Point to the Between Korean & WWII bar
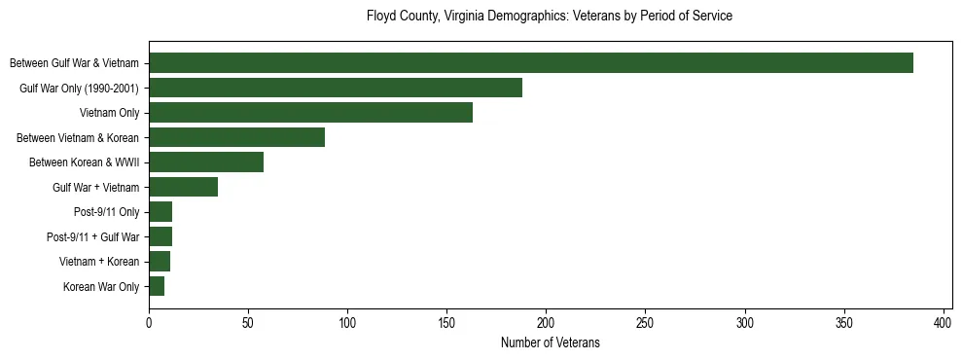coord(206,162)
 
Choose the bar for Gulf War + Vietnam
coord(183,187)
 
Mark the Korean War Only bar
coord(157,286)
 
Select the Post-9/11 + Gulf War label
coord(93,236)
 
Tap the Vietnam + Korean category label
coord(99,262)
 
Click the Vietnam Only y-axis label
coord(110,113)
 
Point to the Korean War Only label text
coord(101,286)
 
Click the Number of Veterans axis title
coord(550,342)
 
